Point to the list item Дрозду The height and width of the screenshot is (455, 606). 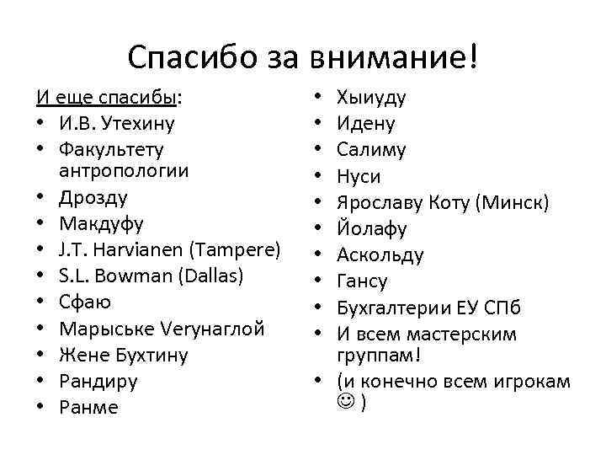point(93,197)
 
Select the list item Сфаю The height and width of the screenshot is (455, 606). point(85,302)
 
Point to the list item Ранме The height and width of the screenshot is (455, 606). point(89,407)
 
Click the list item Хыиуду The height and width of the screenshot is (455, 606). point(371,97)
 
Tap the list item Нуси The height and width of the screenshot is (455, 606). point(359,176)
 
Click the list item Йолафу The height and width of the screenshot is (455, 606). point(372,228)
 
